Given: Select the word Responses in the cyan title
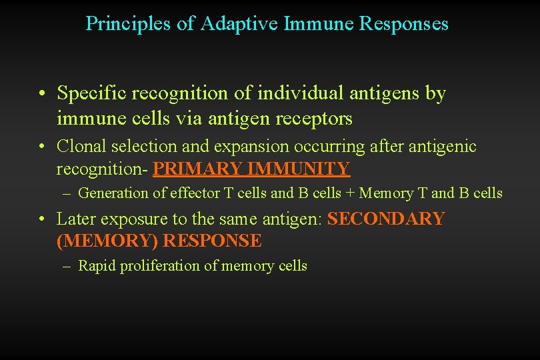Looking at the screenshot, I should click(404, 24).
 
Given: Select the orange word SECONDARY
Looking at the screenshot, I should click(386, 219).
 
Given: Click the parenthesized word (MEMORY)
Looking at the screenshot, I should click(107, 241).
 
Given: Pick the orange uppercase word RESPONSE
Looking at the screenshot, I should click(213, 241).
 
